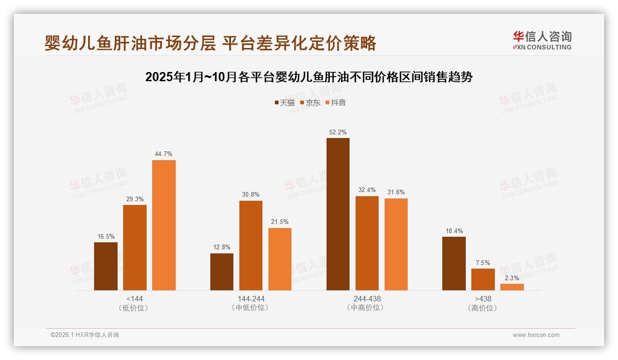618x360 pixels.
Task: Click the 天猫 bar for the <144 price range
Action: pos(106,266)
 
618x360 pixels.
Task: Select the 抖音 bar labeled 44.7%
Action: pos(164,225)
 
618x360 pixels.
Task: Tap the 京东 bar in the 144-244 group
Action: pos(251,246)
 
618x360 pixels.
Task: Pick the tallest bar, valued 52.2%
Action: pos(338,214)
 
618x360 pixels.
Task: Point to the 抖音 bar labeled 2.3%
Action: pos(512,287)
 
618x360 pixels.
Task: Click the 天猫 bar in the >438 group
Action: pos(454,264)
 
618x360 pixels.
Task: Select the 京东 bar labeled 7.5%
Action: pos(483,279)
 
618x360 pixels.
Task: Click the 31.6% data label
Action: pos(396,192)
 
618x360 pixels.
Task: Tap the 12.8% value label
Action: pos(222,247)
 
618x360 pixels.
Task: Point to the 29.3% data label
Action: pos(135,199)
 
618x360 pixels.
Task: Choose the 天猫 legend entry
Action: pos(285,102)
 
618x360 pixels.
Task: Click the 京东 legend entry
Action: pos(310,102)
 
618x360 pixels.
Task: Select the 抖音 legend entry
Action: pos(336,102)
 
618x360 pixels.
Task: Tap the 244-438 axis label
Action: pos(367,299)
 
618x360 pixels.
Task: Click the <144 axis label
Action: pos(135,299)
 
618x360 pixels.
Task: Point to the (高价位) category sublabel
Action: pos(483,308)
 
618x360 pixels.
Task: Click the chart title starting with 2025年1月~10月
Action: pos(309,77)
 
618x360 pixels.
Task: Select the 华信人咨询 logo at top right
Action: pos(542,40)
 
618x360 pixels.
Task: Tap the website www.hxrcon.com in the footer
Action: pos(536,335)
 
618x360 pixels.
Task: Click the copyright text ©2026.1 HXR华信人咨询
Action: pos(85,335)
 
